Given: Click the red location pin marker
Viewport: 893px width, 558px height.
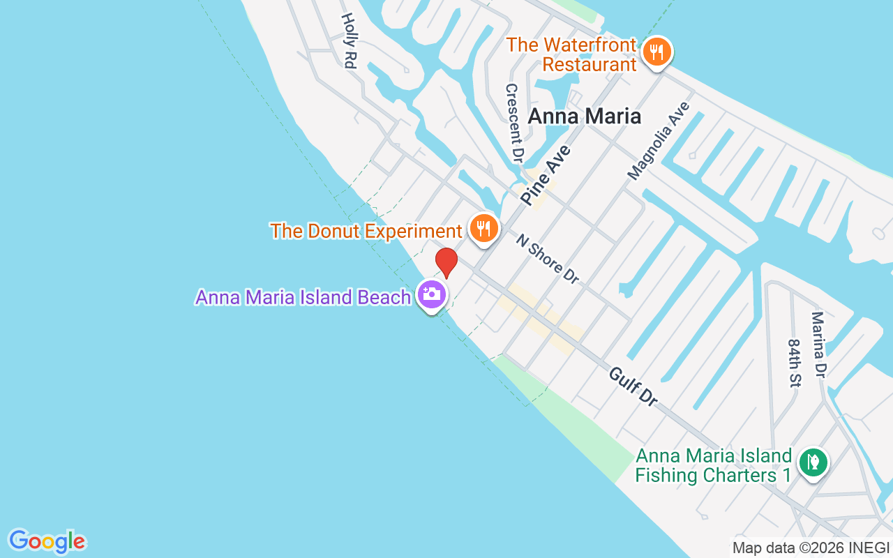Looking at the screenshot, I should click(446, 263).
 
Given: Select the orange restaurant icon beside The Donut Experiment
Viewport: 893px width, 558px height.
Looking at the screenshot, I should click(483, 228).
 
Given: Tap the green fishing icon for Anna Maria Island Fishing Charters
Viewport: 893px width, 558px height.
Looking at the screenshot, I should click(813, 462).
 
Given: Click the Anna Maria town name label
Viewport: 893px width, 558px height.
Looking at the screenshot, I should click(584, 116).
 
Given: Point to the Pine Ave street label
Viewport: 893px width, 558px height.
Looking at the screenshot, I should click(546, 175).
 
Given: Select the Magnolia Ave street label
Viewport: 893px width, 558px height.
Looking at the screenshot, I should click(658, 141).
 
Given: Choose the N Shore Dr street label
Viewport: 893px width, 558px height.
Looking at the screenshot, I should click(548, 259).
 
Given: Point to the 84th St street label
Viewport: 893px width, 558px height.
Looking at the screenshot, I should click(795, 363).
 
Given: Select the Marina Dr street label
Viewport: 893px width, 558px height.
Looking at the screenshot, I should click(818, 346).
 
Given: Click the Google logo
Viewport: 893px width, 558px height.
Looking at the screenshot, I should click(47, 541).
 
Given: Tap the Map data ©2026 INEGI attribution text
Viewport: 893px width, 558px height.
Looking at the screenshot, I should click(811, 548).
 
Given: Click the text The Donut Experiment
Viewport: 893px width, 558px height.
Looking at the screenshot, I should click(366, 231).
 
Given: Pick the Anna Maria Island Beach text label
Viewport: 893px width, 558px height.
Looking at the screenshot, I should click(303, 297).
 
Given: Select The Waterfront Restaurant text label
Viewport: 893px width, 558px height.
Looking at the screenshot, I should click(571, 54).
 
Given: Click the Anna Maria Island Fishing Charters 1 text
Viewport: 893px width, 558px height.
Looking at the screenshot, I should click(714, 466).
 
